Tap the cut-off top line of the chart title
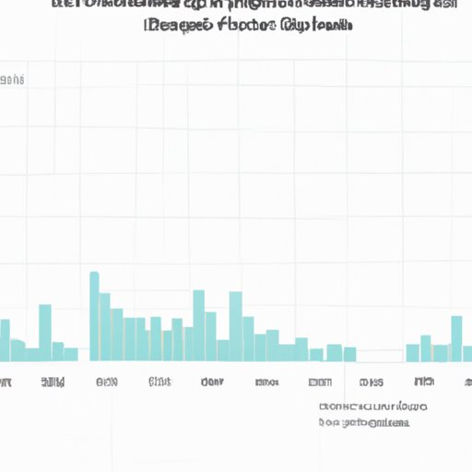[254, 5]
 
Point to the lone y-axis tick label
[12, 81]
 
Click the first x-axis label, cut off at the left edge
[5, 381]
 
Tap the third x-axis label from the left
[106, 381]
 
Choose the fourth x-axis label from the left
[159, 381]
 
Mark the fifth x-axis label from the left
[212, 381]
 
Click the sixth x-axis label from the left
[267, 381]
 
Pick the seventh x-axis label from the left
[320, 381]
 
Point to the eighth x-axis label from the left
[372, 381]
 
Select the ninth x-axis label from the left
[424, 381]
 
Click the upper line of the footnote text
[372, 407]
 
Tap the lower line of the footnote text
[364, 422]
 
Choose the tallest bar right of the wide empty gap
[456, 338]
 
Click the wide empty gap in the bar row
[381, 355]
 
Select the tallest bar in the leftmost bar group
[45, 333]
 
